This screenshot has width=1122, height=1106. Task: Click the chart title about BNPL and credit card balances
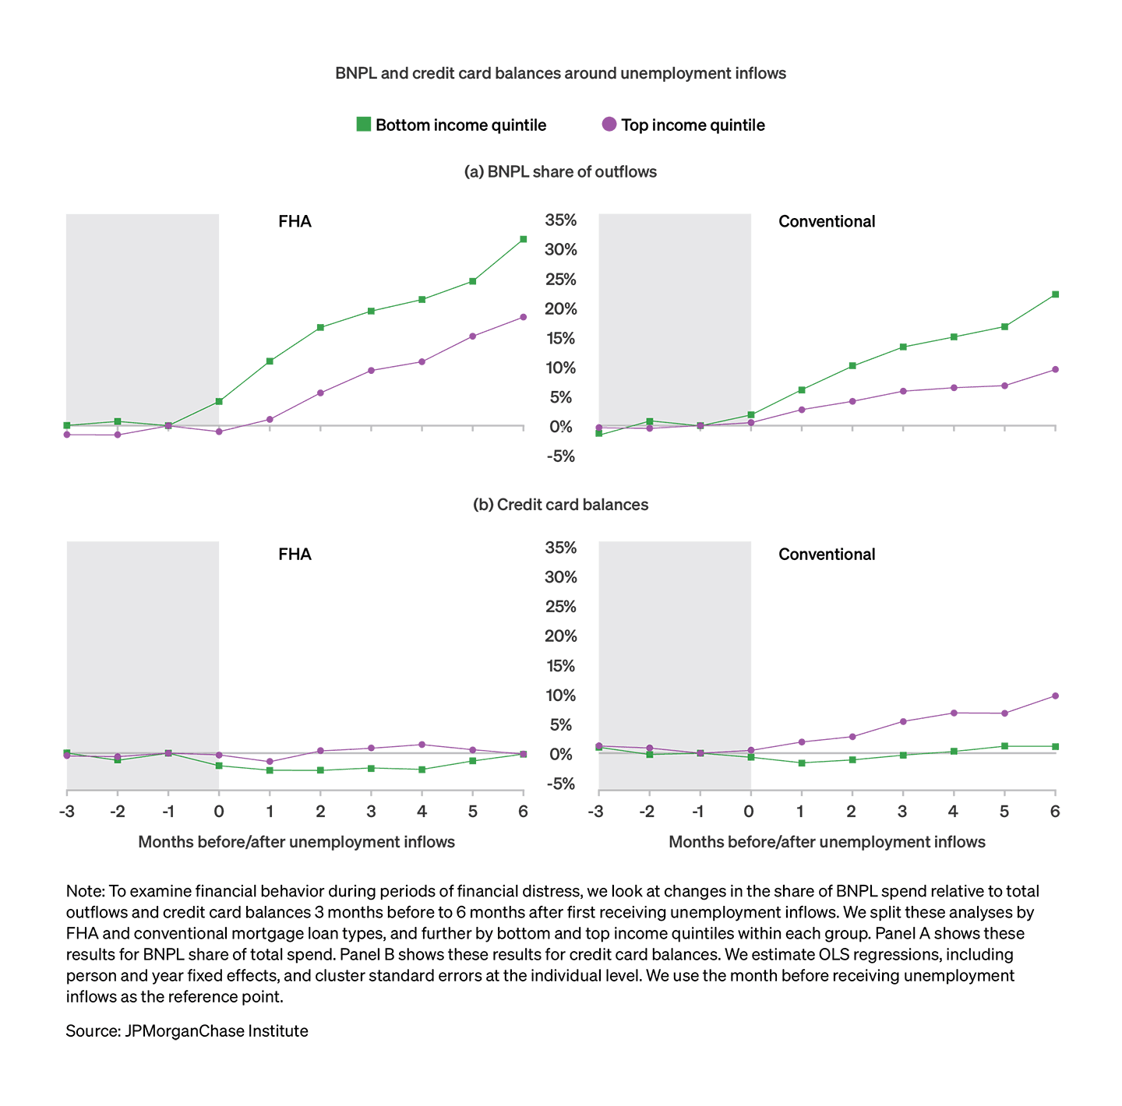(x=560, y=73)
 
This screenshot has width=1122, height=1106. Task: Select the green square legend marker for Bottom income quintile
(x=364, y=124)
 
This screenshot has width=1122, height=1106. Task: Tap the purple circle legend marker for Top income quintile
(x=609, y=124)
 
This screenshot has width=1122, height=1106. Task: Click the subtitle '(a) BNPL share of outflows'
(x=560, y=171)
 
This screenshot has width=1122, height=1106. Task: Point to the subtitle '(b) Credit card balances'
(x=560, y=505)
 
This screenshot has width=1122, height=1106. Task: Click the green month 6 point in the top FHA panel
(x=523, y=239)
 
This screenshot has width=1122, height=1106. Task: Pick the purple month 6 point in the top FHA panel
(x=523, y=317)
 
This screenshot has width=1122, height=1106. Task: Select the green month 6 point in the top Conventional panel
(x=1055, y=294)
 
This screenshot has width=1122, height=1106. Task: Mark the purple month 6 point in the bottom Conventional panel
(x=1055, y=696)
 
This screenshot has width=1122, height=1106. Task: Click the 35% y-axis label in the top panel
(x=561, y=220)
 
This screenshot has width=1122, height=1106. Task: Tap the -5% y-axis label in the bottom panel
(x=561, y=784)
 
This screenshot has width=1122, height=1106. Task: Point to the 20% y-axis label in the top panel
(x=561, y=309)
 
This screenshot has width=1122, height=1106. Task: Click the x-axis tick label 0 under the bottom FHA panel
(x=219, y=812)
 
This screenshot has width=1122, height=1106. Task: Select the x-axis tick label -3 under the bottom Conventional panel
(x=596, y=812)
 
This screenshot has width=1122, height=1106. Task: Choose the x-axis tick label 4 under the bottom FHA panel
(x=422, y=812)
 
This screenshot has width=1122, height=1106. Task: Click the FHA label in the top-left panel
(x=295, y=221)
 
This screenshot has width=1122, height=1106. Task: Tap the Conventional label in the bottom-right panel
(x=827, y=555)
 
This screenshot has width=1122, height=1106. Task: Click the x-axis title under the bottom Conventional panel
(x=827, y=842)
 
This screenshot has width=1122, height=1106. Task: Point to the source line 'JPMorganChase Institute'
(x=187, y=1031)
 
